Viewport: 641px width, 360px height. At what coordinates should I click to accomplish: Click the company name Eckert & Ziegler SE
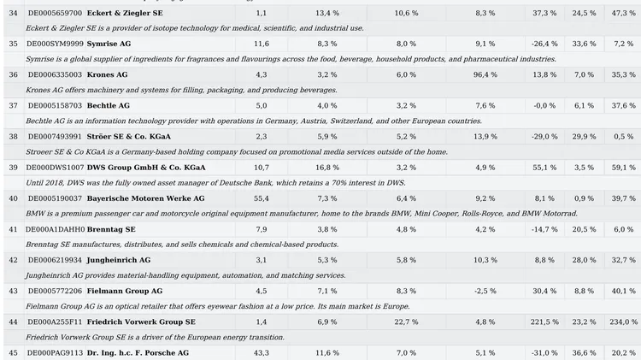(x=125, y=13)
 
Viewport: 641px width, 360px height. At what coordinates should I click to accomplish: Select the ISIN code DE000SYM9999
(x=55, y=44)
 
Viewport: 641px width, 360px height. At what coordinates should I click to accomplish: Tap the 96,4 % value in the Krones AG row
(x=485, y=75)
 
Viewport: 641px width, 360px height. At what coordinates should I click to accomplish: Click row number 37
(x=13, y=105)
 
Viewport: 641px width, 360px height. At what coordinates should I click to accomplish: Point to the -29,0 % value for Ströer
(x=544, y=137)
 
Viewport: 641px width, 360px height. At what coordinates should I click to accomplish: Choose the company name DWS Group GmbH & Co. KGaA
(x=146, y=168)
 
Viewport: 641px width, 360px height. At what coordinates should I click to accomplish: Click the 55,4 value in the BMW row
(x=262, y=198)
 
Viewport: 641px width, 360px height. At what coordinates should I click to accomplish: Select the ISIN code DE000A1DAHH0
(x=56, y=229)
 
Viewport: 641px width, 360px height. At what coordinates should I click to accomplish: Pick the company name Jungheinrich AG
(x=119, y=260)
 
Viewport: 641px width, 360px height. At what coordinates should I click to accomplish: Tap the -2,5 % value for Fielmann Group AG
(x=485, y=292)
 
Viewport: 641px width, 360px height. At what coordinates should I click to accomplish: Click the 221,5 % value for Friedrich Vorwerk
(x=544, y=322)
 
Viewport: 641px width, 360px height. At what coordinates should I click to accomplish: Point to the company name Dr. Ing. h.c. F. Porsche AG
(x=138, y=352)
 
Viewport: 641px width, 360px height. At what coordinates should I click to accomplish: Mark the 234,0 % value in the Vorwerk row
(x=623, y=322)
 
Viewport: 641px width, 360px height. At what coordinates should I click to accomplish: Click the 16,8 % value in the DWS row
(x=327, y=168)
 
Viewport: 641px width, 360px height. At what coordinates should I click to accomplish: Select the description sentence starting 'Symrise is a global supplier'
(x=291, y=59)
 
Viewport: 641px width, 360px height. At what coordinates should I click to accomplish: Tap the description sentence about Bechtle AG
(x=254, y=121)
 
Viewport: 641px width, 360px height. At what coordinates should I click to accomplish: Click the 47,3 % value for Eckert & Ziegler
(x=623, y=13)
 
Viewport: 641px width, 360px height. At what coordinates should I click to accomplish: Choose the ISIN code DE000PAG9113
(x=55, y=352)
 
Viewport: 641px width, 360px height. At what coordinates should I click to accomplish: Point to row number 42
(x=13, y=260)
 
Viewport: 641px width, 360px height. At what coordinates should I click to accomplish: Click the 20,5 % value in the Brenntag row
(x=585, y=229)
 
